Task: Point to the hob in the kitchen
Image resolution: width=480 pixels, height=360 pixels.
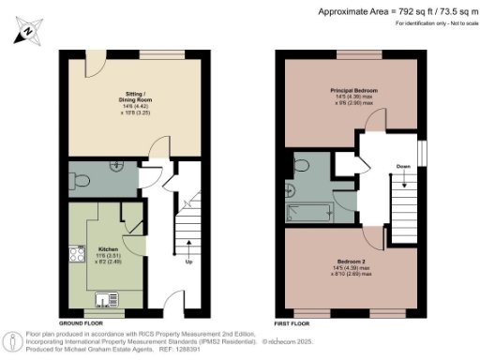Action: click(75, 253)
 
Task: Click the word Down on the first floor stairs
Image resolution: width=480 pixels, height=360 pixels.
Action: click(403, 166)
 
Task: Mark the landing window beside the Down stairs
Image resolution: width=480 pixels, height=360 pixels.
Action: click(420, 150)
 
